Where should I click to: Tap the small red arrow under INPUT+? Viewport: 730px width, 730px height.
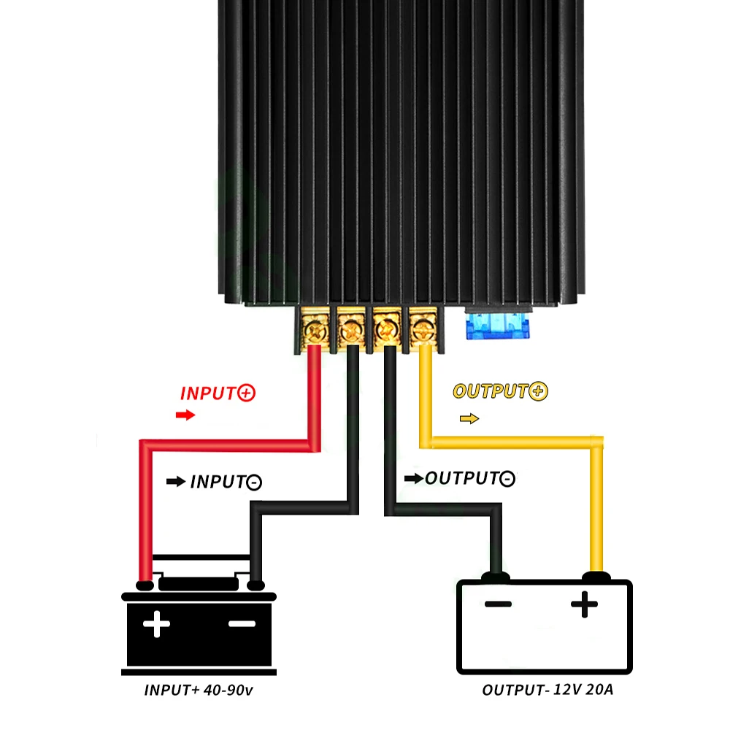pyautogui.click(x=186, y=415)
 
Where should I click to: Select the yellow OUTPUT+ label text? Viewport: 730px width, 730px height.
pyautogui.click(x=500, y=391)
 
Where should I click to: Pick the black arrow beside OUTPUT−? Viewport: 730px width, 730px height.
pyautogui.click(x=413, y=479)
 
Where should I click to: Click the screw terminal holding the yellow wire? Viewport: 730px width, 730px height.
pyautogui.click(x=422, y=330)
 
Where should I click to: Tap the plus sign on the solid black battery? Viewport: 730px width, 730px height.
pyautogui.click(x=156, y=625)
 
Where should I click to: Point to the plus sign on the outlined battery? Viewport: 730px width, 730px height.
pyautogui.click(x=584, y=604)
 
